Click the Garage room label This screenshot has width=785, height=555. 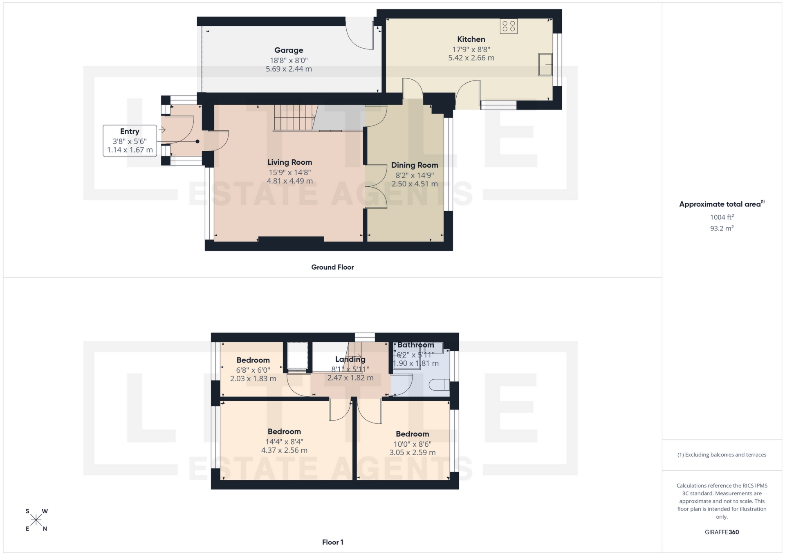(289, 50)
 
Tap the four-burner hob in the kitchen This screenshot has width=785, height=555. (509, 27)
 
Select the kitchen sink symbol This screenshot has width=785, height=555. (545, 65)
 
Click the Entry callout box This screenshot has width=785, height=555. (130, 141)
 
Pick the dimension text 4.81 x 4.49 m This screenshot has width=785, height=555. (289, 181)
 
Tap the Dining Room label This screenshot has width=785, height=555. (414, 165)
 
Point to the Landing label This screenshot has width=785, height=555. (350, 359)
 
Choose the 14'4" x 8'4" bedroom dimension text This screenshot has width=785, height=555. (284, 441)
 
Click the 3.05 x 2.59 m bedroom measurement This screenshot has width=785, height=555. (412, 453)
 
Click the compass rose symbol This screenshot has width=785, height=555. (36, 520)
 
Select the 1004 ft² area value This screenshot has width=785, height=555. (722, 217)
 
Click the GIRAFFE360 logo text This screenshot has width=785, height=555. (722, 532)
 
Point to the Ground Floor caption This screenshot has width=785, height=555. (332, 267)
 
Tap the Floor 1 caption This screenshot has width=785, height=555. (332, 542)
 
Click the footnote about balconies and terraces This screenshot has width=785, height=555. (722, 455)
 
